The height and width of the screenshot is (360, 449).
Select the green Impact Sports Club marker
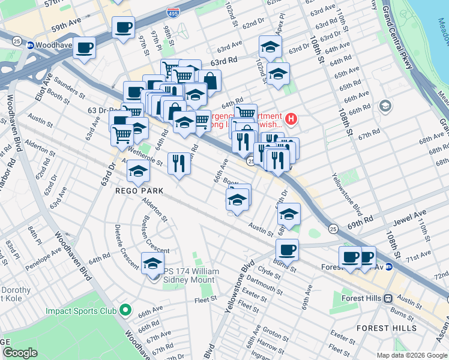(125, 310)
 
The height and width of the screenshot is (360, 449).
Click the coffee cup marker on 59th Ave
(123, 27)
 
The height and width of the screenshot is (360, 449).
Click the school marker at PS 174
(152, 263)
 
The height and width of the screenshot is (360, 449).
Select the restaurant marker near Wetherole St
(178, 163)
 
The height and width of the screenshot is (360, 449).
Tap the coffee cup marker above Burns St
(287, 250)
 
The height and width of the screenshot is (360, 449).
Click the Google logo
(20, 353)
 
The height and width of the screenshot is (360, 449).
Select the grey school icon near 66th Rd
(385, 106)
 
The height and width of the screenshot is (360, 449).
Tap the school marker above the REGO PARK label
(138, 171)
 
